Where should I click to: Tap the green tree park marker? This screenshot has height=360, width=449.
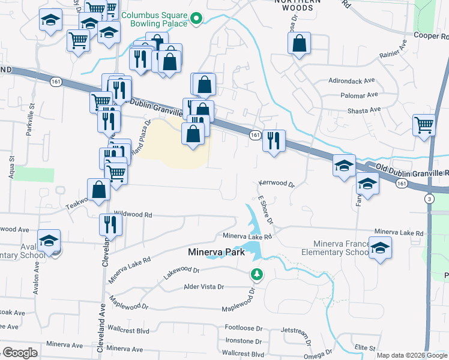[257, 274]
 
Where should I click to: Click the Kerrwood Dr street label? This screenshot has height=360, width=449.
[277, 184]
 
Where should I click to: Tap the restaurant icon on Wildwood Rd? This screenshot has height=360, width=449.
[110, 224]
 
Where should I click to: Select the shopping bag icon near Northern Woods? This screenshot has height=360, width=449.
[299, 43]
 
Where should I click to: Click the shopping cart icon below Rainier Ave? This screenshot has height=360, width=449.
[424, 125]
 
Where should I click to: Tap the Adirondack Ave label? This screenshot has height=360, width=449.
[351, 80]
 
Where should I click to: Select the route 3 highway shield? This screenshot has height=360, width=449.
[429, 199]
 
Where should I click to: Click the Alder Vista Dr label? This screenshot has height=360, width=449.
[203, 287]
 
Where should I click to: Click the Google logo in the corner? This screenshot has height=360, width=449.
[20, 353]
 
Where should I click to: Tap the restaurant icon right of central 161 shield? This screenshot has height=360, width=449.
[274, 141]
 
